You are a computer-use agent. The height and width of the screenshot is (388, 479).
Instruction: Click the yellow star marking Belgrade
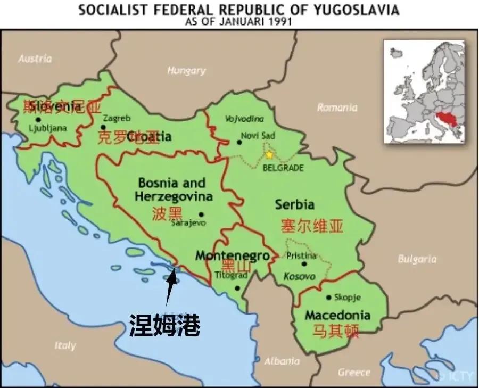(x=269, y=155)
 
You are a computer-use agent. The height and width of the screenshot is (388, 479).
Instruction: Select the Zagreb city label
(x=116, y=118)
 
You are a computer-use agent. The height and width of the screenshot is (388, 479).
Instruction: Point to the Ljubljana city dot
(x=37, y=120)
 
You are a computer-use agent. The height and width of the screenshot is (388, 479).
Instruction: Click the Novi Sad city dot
(x=239, y=142)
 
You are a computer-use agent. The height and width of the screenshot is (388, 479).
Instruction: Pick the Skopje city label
(x=347, y=298)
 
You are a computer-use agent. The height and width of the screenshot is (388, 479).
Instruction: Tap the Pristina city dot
(x=304, y=263)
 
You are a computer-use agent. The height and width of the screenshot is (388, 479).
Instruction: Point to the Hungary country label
(x=186, y=70)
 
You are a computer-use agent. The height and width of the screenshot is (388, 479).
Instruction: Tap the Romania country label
(x=337, y=108)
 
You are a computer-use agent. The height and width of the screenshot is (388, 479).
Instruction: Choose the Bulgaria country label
(x=417, y=259)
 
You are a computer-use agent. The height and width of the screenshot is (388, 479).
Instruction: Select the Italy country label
(x=65, y=345)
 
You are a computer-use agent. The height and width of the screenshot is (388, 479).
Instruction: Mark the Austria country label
(x=35, y=59)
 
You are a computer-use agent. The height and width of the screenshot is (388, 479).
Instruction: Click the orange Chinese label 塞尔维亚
(x=312, y=226)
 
